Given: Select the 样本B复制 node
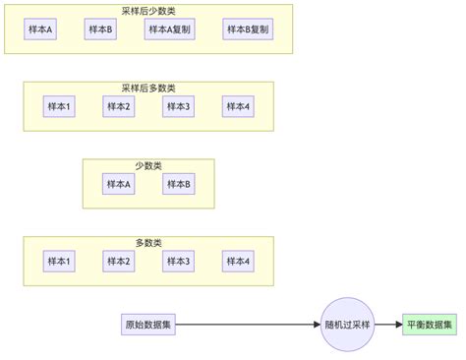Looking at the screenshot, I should point(247,30).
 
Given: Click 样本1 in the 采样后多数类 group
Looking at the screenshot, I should point(59,106).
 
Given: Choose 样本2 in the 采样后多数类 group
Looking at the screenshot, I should point(118,106).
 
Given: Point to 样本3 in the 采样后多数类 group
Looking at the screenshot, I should point(178,106).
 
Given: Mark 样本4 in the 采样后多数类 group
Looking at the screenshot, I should point(237,106).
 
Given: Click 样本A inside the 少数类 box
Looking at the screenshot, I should point(118,184).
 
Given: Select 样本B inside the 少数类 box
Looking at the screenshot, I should point(178,184).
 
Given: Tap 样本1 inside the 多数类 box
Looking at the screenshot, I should point(59,261).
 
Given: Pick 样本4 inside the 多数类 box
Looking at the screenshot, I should point(237,261).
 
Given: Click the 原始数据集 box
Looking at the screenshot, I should point(148,325).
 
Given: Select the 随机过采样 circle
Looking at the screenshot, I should point(349,325).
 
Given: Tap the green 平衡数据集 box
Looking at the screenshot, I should point(430,325).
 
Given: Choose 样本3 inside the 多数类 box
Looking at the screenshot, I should point(178,261).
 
